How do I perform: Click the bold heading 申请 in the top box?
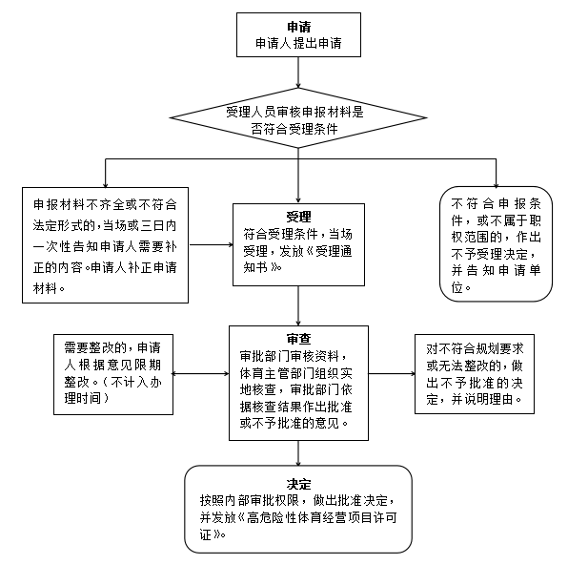coord(299,27)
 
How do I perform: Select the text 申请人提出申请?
coord(299,44)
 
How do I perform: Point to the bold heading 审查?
coord(298,339)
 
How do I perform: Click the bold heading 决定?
coord(298,484)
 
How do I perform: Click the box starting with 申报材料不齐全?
coord(110,243)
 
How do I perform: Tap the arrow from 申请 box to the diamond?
coord(299,71)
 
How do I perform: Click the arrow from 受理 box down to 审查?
coord(299,307)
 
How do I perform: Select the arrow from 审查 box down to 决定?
coord(299,452)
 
